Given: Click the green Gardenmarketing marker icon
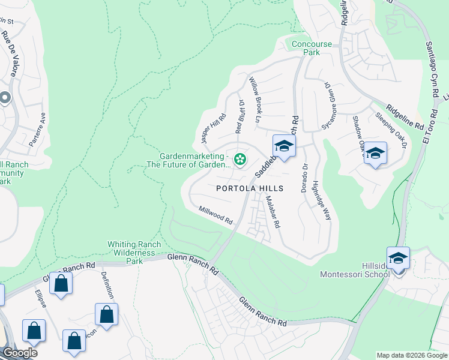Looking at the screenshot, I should [240, 159].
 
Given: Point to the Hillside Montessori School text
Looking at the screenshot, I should [415, 270].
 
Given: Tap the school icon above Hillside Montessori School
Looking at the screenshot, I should [398, 259].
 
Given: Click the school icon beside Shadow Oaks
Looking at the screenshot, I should [375, 153].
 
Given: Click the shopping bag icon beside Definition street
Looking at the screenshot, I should [106, 314].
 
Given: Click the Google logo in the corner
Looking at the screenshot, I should [20, 353].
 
